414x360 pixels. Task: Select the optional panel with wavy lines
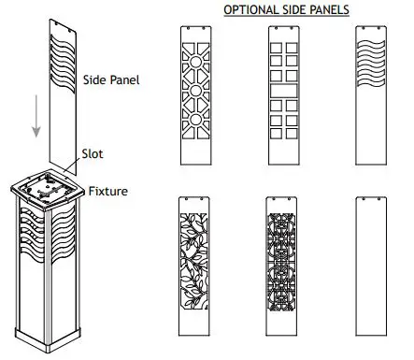[x=375, y=93]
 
